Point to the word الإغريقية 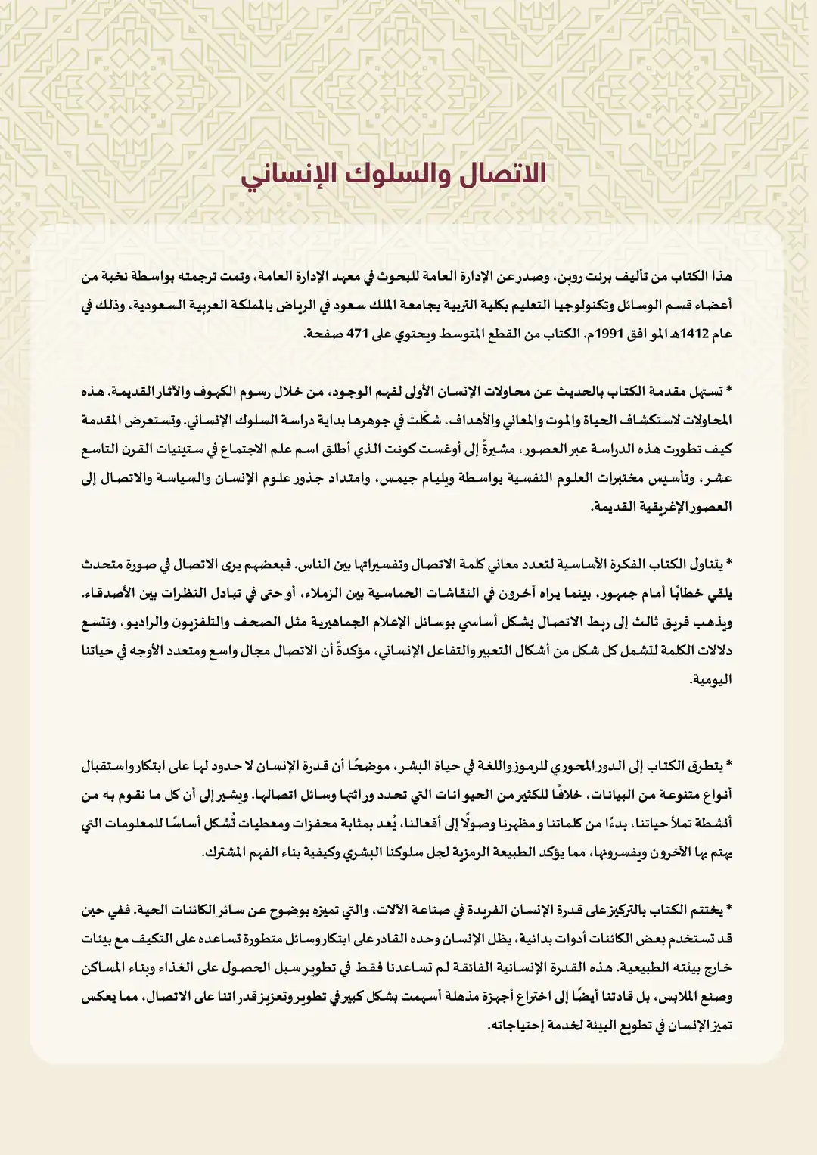pos(666,507)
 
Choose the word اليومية pos(712,680)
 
